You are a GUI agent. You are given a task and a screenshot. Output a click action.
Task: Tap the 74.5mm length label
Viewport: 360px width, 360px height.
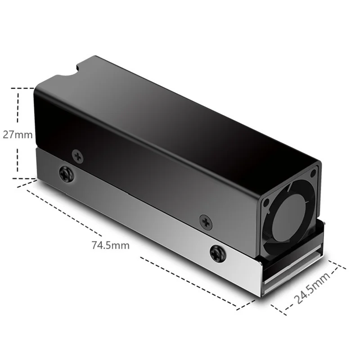pos(110,245)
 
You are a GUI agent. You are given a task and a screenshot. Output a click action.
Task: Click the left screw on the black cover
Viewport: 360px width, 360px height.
pos(78,157)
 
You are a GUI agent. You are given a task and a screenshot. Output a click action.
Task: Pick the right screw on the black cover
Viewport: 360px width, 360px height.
pos(206,220)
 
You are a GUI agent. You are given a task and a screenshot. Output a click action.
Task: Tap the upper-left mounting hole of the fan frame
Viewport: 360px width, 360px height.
pos(266,202)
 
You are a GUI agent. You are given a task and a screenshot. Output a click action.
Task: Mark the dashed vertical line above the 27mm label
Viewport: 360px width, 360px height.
pos(18,108)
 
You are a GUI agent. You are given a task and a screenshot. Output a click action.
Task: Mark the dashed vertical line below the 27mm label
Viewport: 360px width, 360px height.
pos(18,160)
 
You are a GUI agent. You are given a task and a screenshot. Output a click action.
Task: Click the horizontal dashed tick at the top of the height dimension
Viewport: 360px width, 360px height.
pos(22,88)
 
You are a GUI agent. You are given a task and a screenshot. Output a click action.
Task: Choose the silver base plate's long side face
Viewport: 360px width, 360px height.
pos(148,225)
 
